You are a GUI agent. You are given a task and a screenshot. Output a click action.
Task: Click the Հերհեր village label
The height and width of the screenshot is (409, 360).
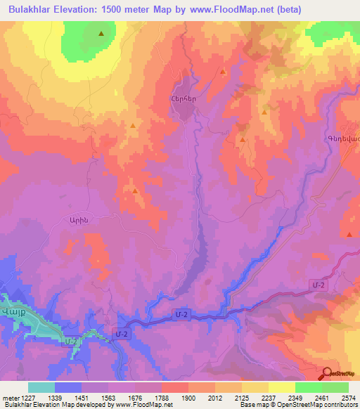coord(183,99)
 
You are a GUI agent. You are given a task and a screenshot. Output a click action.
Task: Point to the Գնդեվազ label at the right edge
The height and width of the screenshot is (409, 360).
coord(342,138)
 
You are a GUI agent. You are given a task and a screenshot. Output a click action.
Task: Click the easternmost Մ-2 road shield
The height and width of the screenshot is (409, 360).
coord(318,284)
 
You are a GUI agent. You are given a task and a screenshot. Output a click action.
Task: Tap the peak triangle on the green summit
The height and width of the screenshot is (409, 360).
coord(101,33)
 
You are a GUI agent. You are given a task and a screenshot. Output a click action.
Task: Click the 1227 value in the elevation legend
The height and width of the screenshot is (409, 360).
coord(36,397)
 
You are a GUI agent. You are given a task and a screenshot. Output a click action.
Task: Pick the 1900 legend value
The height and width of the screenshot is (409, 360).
coord(188,397)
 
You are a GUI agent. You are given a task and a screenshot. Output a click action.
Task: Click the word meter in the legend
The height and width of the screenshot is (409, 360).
coord(12,397)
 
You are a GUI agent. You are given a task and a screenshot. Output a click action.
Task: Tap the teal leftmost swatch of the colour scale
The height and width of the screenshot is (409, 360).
coord(41,387)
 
